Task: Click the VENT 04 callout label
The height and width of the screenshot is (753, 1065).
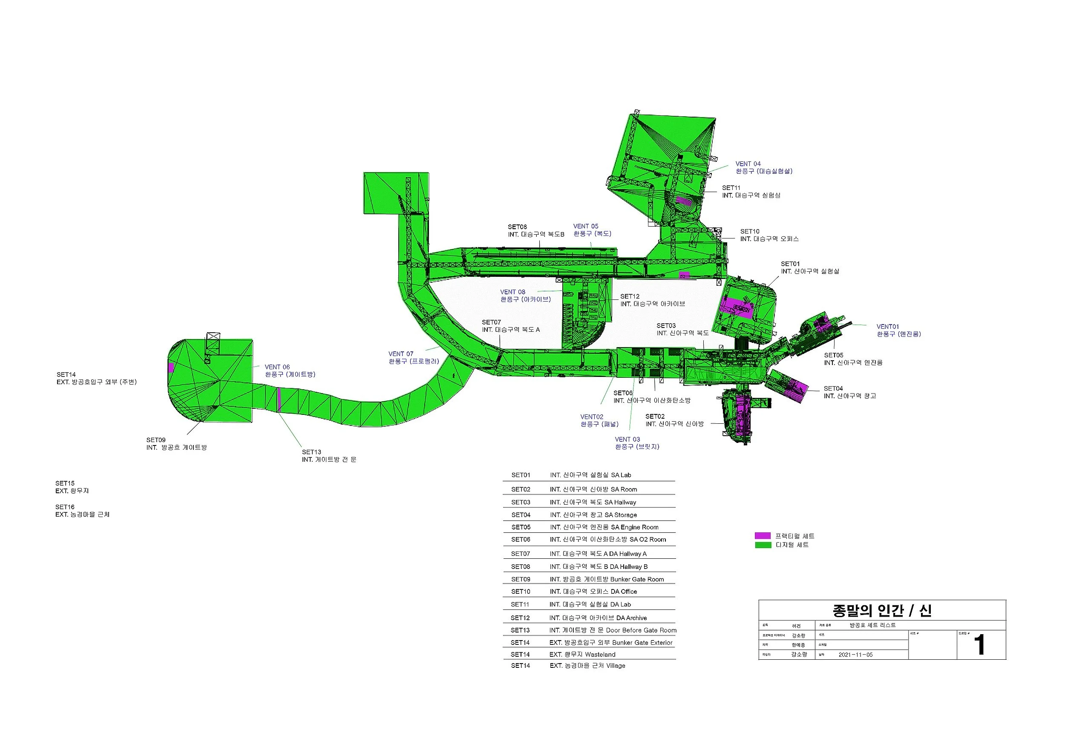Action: (748, 164)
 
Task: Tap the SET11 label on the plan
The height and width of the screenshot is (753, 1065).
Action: (731, 188)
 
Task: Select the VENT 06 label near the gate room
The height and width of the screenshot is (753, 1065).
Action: (277, 367)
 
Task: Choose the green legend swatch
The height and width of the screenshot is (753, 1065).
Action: (763, 545)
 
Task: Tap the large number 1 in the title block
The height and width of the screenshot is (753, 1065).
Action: (979, 645)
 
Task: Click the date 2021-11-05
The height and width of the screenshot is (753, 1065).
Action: (855, 655)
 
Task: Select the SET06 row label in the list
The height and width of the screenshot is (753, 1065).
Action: (521, 540)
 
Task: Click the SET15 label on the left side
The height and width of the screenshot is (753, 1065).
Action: (65, 483)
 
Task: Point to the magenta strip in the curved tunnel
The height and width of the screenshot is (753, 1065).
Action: (279, 399)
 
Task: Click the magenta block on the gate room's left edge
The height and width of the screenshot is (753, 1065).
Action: (171, 368)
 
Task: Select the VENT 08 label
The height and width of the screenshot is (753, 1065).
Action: (512, 292)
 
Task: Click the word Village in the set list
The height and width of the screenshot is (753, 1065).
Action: (616, 666)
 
